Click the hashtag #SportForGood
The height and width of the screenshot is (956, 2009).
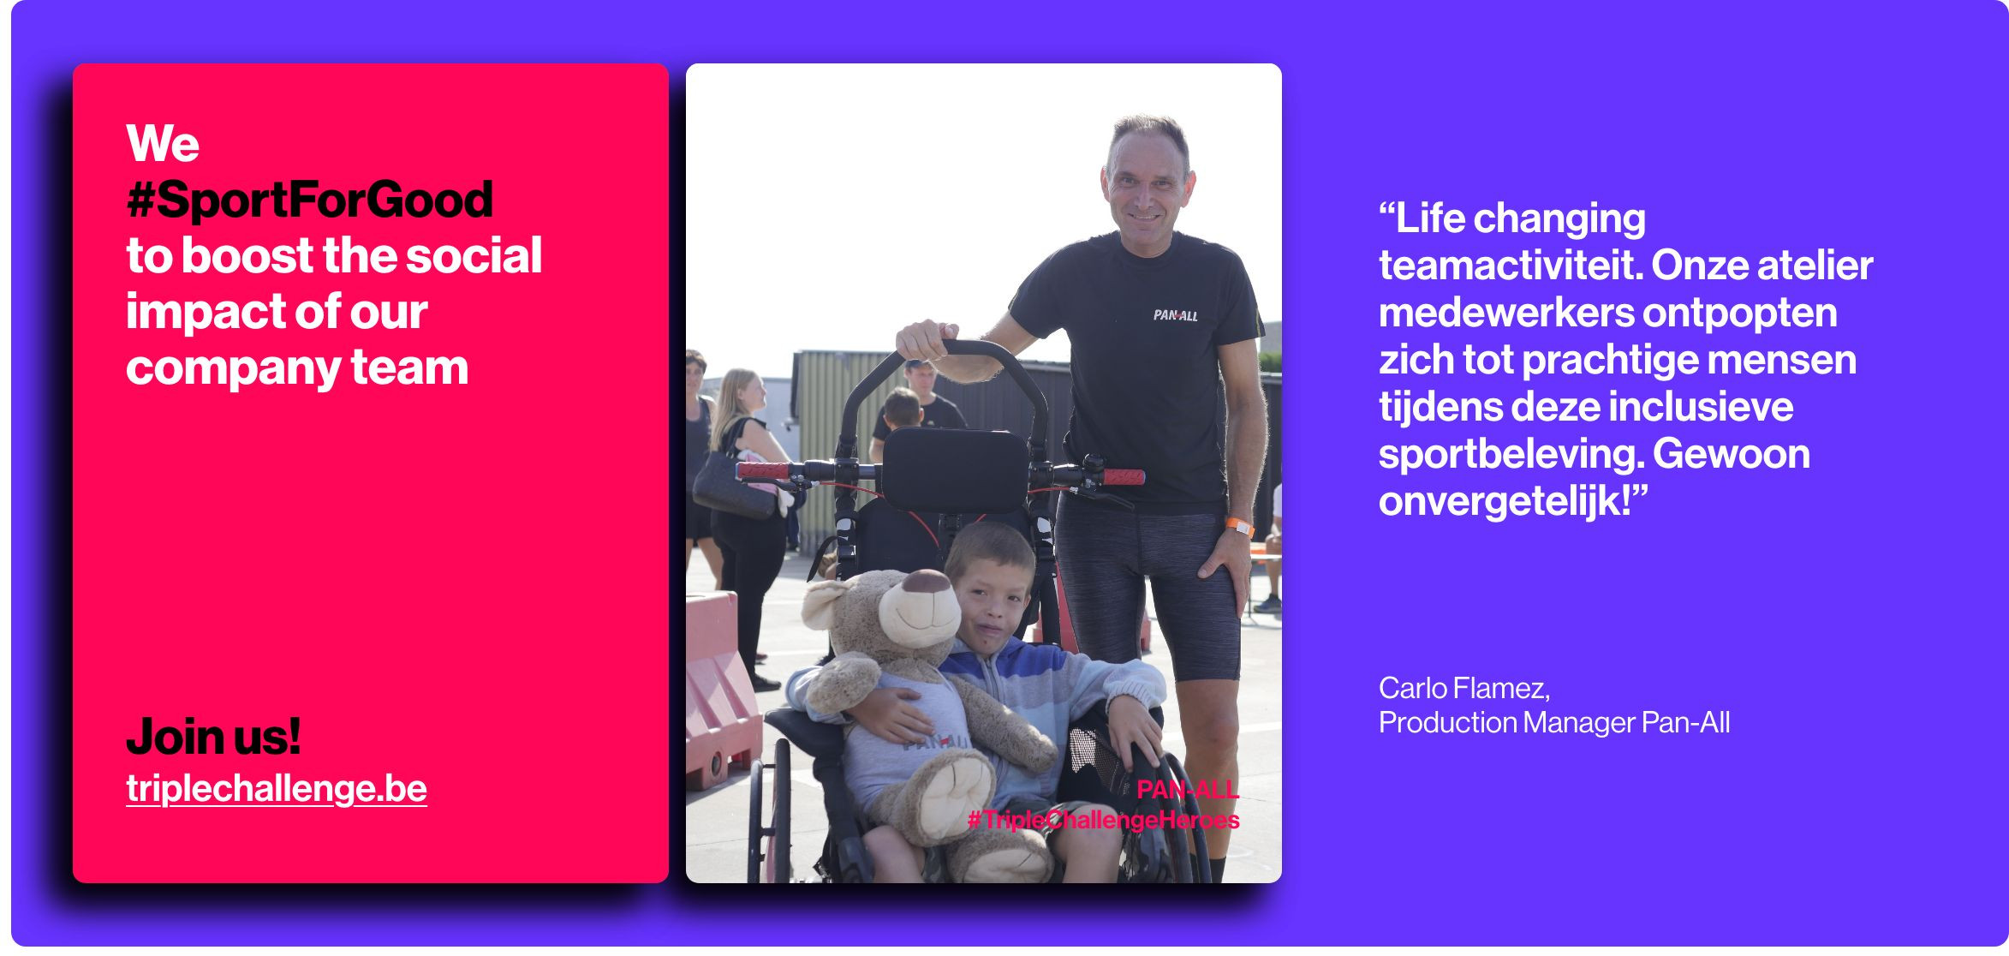click(309, 200)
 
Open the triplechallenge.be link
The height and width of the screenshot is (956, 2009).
click(276, 788)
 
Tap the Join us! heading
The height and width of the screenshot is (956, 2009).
click(213, 737)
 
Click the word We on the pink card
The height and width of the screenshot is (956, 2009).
click(163, 143)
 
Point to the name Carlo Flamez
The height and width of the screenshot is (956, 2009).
click(1464, 688)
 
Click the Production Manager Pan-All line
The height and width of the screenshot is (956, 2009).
click(1554, 722)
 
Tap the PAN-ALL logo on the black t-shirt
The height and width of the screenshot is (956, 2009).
click(1175, 315)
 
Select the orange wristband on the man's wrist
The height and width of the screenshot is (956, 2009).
click(1239, 525)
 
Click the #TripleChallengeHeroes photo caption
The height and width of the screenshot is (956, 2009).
click(1103, 820)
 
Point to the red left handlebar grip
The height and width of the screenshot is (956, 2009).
click(764, 470)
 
